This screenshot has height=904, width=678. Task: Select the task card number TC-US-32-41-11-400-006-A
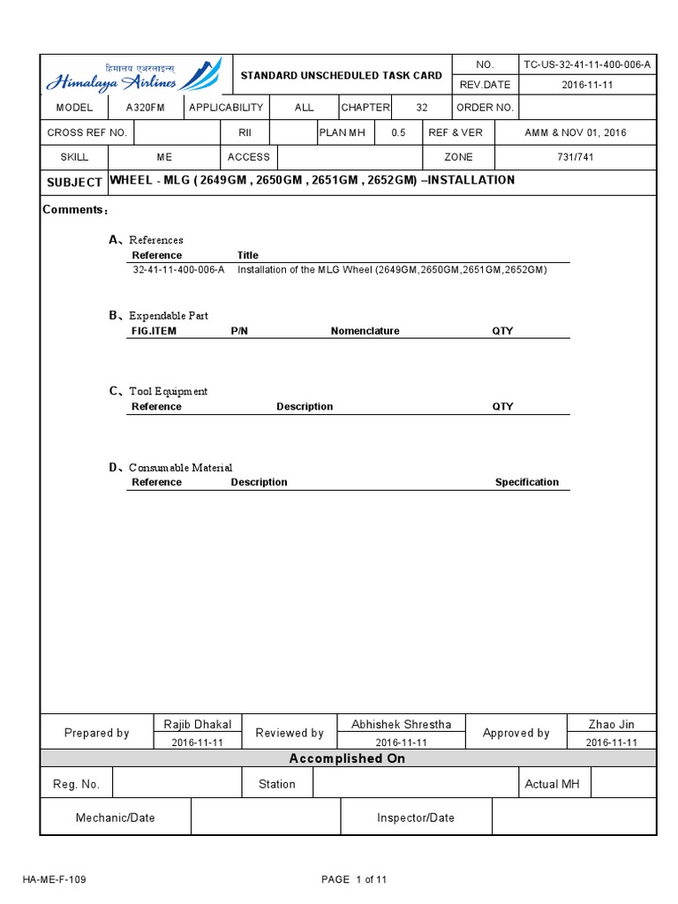click(587, 65)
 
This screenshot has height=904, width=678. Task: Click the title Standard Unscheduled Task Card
click(342, 76)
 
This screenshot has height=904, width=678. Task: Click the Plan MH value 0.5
click(399, 132)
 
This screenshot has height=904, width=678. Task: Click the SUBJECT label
click(74, 182)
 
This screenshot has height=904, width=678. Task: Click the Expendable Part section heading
click(168, 315)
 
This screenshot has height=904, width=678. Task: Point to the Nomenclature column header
click(365, 331)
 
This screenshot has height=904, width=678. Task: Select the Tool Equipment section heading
click(168, 391)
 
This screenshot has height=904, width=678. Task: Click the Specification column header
click(526, 482)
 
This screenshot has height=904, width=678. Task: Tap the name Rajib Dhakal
click(198, 724)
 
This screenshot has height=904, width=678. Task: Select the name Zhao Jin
click(611, 724)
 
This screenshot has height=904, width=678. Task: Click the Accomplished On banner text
click(347, 758)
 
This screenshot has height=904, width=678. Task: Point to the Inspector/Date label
click(416, 817)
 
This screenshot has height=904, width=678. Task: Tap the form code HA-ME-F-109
click(55, 879)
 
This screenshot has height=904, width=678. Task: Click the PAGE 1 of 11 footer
click(355, 879)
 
